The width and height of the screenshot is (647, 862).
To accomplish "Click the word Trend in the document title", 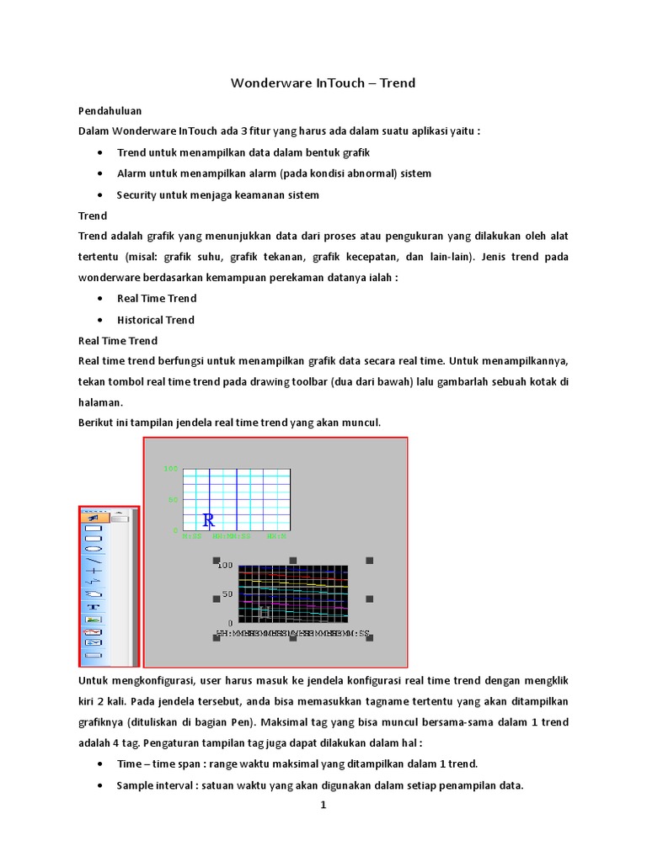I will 398,83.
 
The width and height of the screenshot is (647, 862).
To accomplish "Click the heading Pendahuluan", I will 110,110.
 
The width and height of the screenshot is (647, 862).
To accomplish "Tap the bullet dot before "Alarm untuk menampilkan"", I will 101,173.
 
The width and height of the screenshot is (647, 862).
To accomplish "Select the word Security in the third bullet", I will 138,195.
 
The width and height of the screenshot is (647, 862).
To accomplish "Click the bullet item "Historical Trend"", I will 156,320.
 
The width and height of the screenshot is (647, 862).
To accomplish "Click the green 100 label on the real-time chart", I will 170,469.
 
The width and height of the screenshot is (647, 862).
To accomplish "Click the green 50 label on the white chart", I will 173,500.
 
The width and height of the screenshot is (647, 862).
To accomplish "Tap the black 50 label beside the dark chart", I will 227,594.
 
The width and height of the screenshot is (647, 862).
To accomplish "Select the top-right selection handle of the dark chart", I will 369,561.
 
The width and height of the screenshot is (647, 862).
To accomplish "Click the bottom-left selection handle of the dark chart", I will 217,638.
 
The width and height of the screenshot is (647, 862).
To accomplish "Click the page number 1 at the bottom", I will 323,805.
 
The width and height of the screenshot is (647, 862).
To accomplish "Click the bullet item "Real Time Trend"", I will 157,298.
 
